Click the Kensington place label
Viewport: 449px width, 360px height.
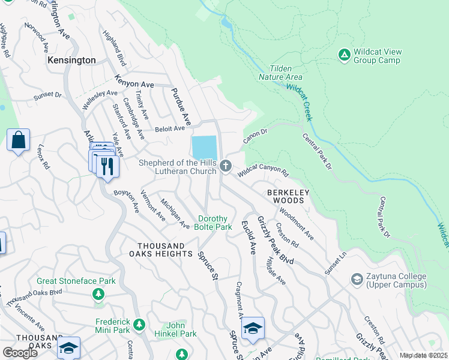tap(71, 61)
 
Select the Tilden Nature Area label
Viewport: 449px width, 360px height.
tap(280, 73)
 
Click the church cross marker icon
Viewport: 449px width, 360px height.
tap(226, 166)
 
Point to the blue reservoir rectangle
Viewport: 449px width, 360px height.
tap(204, 146)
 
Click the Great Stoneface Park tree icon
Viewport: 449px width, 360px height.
tap(98, 294)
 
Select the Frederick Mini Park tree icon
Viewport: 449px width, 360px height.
tap(139, 325)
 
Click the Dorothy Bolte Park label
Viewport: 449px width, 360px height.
tap(212, 223)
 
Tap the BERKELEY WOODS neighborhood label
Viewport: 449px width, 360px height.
tap(288, 196)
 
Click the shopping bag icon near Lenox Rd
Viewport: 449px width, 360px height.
tap(18, 140)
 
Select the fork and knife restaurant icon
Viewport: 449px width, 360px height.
tap(107, 166)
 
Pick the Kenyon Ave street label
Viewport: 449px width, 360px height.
tap(135, 85)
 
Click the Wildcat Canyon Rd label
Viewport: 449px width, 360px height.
tap(264, 171)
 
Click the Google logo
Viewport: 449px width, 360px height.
tap(20, 353)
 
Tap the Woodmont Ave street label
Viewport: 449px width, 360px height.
tap(297, 223)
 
